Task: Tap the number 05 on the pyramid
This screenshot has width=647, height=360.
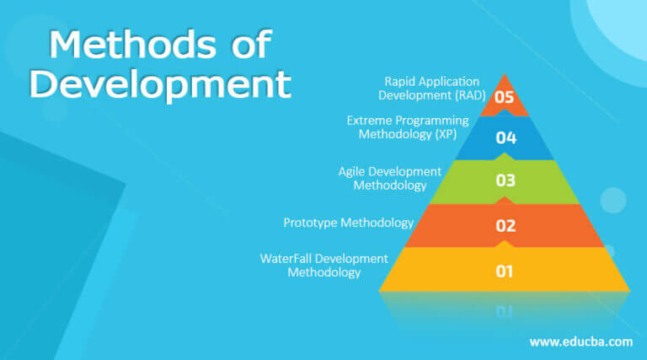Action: coord(505,97)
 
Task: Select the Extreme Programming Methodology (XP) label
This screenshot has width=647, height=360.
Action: coord(408,127)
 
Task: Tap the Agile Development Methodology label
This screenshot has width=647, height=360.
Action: coord(389,179)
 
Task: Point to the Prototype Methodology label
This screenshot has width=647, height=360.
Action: coord(348,223)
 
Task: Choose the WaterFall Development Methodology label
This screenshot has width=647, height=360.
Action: coord(324,265)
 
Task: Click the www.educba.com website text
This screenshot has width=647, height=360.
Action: coord(580,341)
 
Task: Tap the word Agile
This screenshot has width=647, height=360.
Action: coord(353,171)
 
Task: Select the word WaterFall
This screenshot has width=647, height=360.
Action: coord(286,258)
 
